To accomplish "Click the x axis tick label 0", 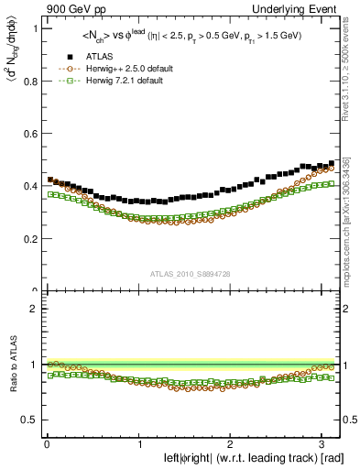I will point(46,444).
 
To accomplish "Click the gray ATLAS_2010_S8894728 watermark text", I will point(191,274).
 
